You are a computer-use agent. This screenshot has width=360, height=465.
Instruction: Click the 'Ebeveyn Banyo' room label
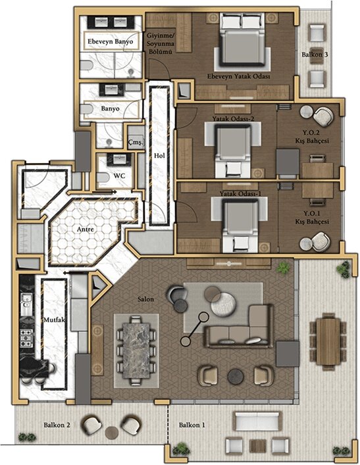point(111,42)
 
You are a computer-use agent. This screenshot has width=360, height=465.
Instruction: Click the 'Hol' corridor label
point(158,155)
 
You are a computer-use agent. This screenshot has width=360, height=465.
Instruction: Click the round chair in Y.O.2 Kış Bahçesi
point(322,117)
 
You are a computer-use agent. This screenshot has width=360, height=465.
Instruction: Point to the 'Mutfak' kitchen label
point(54,321)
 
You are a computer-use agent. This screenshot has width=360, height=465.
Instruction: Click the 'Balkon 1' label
point(191,425)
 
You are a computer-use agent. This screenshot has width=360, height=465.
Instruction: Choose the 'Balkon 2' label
point(57,425)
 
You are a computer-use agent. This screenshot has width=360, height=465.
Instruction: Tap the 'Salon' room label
point(145,299)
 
